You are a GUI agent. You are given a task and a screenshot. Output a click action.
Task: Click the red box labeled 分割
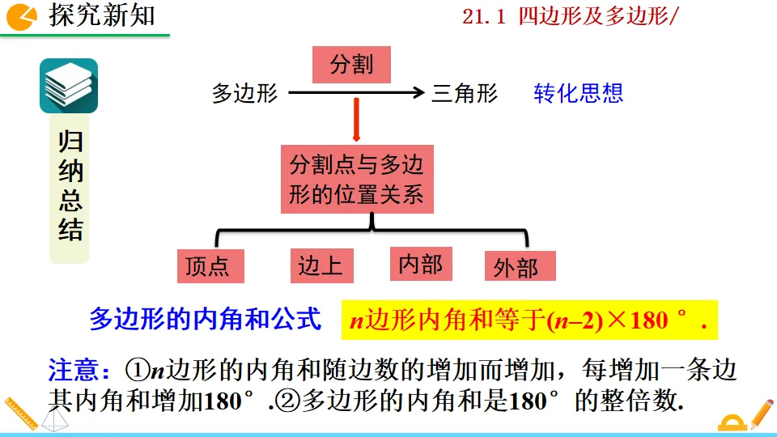click(352, 64)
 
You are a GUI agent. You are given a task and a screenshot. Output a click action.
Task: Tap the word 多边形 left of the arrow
click(244, 94)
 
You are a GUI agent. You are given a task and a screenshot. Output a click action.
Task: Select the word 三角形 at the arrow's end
click(465, 94)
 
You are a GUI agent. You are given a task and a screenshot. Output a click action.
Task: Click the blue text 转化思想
click(578, 93)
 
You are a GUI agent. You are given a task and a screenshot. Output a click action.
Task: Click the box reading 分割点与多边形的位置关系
click(356, 179)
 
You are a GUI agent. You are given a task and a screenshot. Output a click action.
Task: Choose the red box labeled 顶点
click(210, 266)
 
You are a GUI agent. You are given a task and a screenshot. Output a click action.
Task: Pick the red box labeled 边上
click(321, 265)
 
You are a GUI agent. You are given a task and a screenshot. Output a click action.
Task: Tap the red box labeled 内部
click(421, 264)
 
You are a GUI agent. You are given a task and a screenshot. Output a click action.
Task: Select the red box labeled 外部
click(520, 266)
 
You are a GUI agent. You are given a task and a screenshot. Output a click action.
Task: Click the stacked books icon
click(69, 86)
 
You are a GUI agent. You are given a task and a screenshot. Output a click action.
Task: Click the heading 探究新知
click(101, 15)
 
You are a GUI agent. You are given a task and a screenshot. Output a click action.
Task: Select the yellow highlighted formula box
click(529, 320)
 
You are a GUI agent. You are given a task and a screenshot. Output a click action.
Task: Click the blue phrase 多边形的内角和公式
click(206, 320)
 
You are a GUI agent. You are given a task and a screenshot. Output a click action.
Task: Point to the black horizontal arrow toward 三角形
click(356, 94)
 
